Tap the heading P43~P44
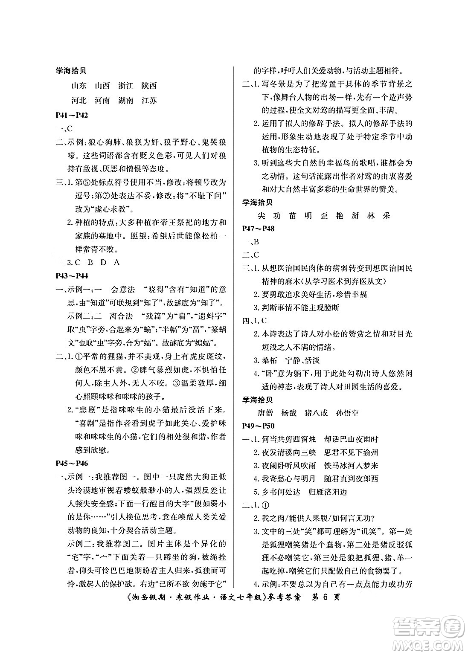[x=72, y=276]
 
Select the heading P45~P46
[x=72, y=464]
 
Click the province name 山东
[x=79, y=86]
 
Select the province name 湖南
[x=125, y=101]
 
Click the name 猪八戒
[x=316, y=413]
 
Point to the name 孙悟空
[x=347, y=413]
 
